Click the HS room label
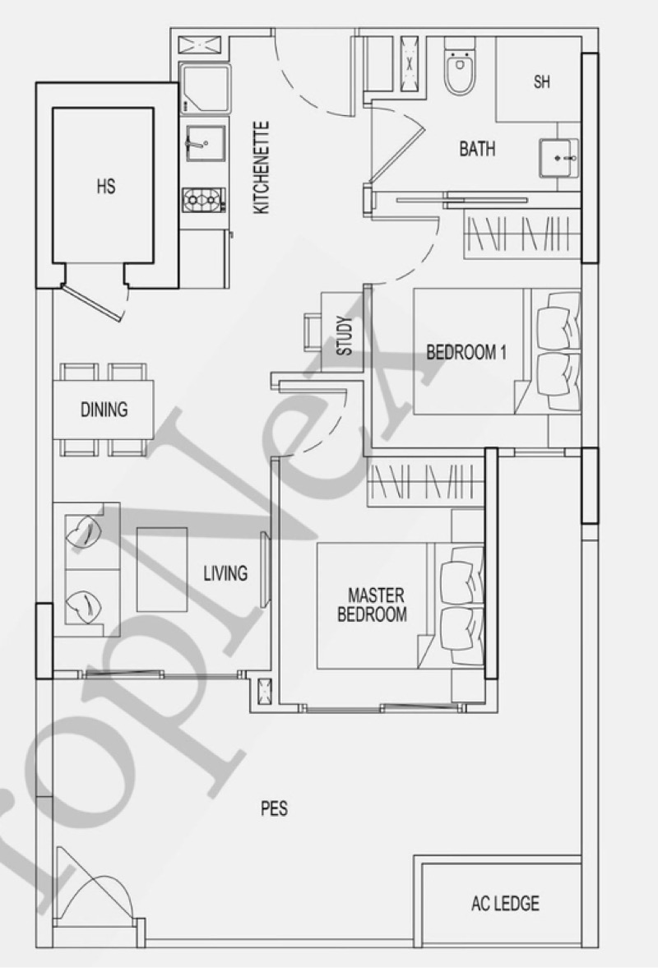point(105,187)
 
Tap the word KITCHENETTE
point(262,168)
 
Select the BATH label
point(477,149)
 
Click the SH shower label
point(541,82)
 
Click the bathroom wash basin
point(558,156)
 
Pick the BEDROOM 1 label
point(466,353)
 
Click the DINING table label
point(104,409)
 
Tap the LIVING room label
point(225,572)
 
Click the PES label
point(274,808)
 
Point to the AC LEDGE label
point(505,903)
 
